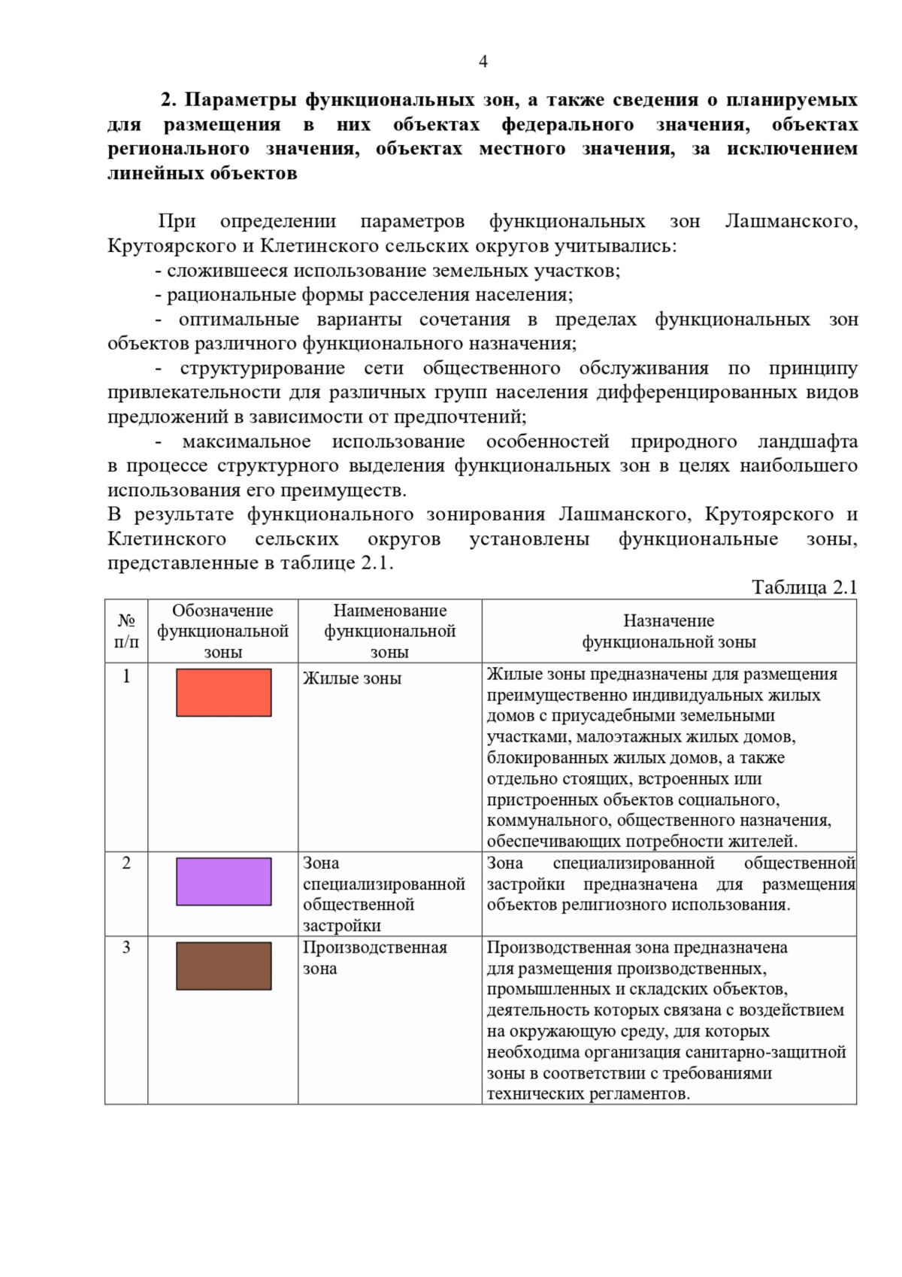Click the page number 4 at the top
point(483,62)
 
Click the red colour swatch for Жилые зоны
point(223,692)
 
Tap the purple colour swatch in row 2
point(223,881)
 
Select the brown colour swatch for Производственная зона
point(223,966)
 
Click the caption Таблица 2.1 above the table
point(804,587)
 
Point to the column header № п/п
point(126,631)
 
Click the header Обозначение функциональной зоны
point(222,631)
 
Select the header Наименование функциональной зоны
point(389,631)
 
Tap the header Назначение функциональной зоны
point(668,631)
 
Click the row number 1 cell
point(126,676)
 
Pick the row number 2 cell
point(126,863)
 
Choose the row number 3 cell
point(126,947)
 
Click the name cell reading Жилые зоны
point(352,678)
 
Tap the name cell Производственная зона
point(374,957)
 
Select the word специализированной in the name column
point(384,884)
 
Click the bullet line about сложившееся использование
point(387,271)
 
